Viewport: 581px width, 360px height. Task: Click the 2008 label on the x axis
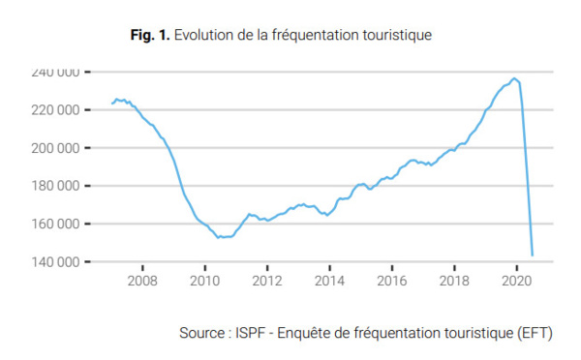pos(142,282)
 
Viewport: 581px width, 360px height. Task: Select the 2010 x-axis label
pos(204,282)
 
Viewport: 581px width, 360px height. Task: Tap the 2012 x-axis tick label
pos(266,282)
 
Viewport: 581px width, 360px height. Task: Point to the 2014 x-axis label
pos(329,282)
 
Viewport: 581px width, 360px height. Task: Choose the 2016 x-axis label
pos(391,282)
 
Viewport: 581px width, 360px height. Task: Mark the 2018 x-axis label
pos(453,282)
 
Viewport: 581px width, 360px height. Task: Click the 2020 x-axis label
pos(515,282)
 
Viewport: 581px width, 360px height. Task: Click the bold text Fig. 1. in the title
pos(150,35)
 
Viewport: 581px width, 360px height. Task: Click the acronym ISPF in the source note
pos(245,334)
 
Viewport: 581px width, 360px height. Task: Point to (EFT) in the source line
pos(534,334)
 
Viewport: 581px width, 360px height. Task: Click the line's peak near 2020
pos(515,78)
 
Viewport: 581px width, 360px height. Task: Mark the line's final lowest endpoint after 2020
pos(533,255)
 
